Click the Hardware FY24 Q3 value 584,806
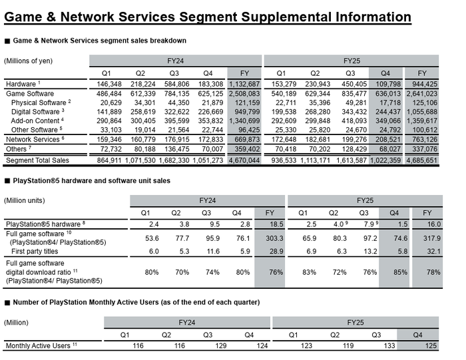[176, 84]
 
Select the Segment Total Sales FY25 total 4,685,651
[421, 160]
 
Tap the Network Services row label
[33, 139]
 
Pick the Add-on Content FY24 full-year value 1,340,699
[244, 121]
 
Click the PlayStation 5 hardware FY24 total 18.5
[276, 224]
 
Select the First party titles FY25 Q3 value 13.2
[370, 252]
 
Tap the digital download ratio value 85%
[400, 272]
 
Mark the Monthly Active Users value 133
[389, 346]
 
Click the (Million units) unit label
[25, 200]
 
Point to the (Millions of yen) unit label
[28, 61]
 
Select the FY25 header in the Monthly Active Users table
[355, 323]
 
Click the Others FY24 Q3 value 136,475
[176, 149]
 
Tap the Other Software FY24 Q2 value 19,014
[142, 130]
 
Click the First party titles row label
[35, 252]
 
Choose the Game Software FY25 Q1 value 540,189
[284, 94]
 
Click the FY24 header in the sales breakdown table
[175, 61]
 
